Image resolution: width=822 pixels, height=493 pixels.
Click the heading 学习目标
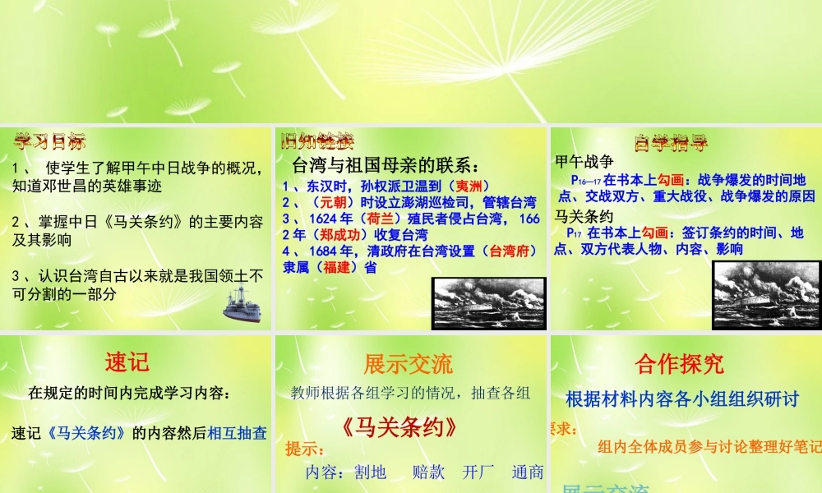49,141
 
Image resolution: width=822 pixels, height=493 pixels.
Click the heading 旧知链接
316,141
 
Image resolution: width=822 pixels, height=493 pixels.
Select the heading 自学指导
672,143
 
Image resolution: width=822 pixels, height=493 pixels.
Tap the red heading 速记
127,362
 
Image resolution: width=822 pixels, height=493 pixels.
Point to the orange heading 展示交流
408,363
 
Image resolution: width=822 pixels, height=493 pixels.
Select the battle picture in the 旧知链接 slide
488,302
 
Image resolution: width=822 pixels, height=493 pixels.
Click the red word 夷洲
473,186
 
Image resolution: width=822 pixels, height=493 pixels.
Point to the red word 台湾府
509,251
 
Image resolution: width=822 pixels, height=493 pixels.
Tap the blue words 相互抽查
238,432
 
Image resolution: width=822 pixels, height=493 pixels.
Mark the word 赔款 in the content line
428,472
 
